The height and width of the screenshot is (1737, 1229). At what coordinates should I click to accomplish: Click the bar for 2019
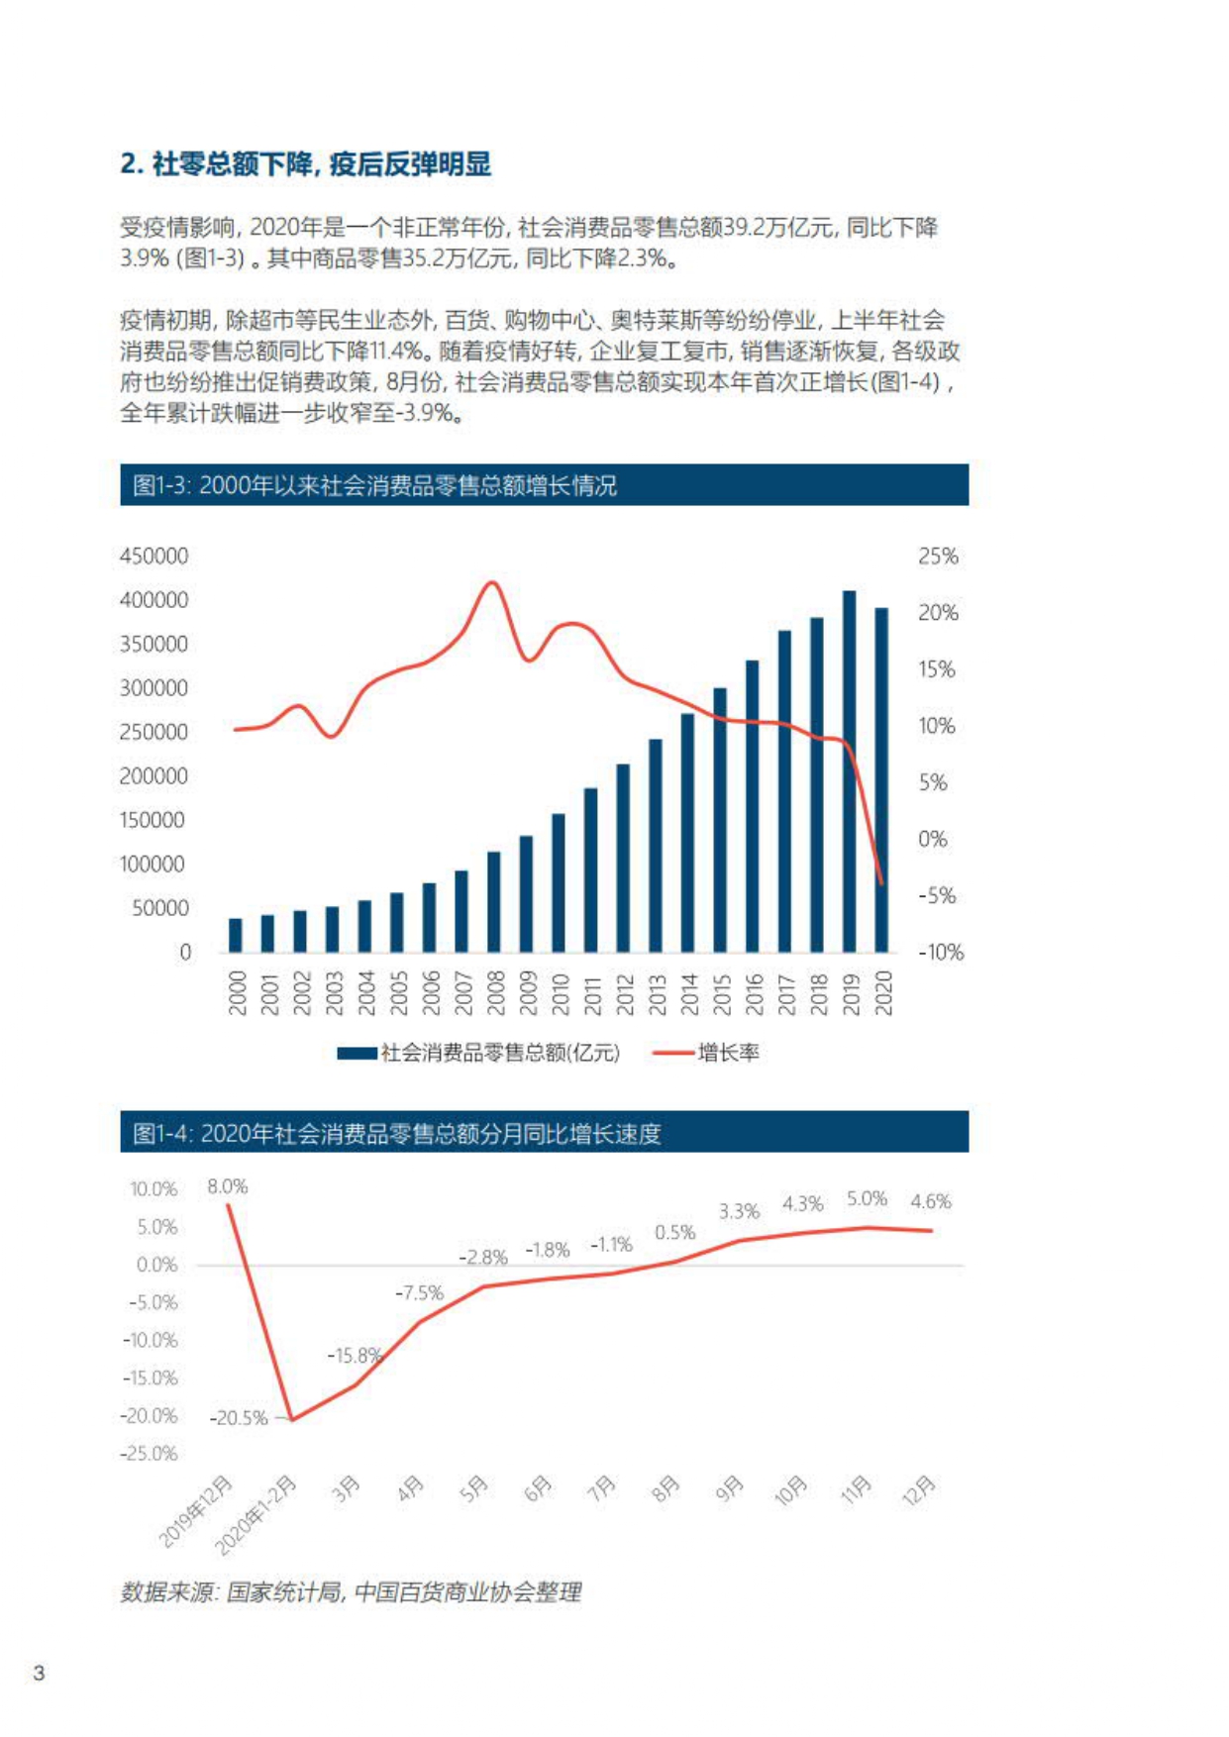849,772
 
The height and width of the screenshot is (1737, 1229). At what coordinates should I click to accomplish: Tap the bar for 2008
493,902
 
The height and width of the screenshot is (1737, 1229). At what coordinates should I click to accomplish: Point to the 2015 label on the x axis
721,994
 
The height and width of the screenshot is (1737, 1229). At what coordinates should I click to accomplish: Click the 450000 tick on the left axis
154,557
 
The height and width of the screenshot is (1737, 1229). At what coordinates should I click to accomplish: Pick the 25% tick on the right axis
937,557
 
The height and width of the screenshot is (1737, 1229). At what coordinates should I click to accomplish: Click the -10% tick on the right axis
940,953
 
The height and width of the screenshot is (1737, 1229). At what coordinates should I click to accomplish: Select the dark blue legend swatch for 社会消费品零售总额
356,1053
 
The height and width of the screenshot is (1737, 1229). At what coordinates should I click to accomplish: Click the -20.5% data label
239,1418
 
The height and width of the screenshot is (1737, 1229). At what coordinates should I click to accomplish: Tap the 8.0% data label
227,1186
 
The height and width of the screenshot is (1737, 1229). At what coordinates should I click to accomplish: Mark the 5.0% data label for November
867,1199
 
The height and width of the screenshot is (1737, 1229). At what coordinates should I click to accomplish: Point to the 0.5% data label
674,1233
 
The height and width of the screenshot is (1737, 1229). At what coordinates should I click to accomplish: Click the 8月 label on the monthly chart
666,1488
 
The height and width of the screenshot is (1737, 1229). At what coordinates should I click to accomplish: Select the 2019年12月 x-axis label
196,1511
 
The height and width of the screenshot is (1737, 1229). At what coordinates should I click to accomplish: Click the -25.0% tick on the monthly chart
150,1454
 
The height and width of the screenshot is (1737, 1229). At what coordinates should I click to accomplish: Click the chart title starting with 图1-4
396,1133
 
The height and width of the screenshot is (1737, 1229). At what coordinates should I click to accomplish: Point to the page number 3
39,1674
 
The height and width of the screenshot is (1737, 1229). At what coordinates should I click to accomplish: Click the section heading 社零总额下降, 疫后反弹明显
306,164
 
